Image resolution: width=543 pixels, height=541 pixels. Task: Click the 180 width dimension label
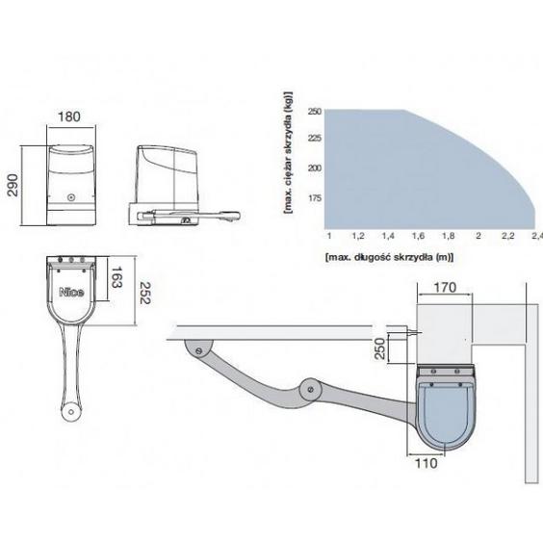point(69,116)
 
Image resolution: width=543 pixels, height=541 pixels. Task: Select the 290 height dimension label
point(13,185)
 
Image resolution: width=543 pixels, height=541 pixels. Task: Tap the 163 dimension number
point(116,277)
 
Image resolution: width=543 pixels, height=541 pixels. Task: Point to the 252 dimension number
point(145,293)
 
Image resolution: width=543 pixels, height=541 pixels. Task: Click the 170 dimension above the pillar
point(445,288)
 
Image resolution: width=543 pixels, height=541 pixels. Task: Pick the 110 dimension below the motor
point(426,463)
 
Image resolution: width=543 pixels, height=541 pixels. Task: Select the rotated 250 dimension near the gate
point(380,348)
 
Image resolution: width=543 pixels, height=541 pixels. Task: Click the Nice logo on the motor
point(71,293)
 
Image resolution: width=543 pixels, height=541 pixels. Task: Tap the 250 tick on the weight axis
point(315,112)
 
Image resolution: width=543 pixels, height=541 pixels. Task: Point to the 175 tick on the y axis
point(315,198)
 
